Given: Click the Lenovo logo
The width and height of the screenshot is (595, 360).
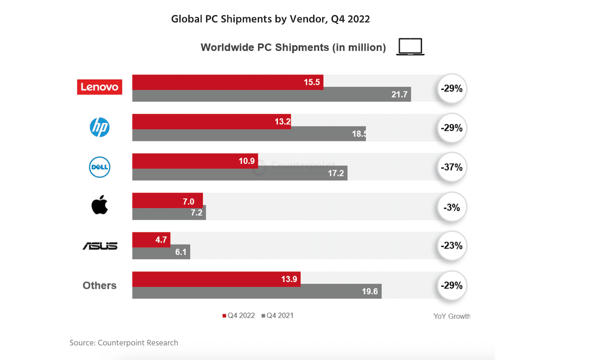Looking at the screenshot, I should pos(100,87).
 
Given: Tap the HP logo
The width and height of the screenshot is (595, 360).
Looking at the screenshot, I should pos(100,127).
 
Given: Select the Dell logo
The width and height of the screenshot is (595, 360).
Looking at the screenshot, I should pos(100,167).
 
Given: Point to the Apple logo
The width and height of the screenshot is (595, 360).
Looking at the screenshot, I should pos(100,205).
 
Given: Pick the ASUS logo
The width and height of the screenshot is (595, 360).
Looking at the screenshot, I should pos(100,245).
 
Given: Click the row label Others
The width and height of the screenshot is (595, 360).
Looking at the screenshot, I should pos(100,286).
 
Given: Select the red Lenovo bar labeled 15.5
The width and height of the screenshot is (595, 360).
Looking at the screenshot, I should pos(228,82).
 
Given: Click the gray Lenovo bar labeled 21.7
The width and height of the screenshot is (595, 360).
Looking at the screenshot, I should pos(271,94).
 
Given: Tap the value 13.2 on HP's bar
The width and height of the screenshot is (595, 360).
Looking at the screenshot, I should pos(282,122).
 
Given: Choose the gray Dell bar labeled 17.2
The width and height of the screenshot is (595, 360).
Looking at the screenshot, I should pos(239,174).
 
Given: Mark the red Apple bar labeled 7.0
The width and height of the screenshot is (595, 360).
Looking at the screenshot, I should pos(168,200).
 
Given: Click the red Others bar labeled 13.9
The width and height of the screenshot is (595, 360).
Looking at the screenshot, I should pos(216,279).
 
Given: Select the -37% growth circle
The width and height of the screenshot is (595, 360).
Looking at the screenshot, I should pos(451,168).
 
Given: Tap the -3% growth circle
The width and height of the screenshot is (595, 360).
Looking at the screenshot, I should pos(451,207).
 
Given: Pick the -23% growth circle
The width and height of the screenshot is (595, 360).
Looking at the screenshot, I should pos(451,246).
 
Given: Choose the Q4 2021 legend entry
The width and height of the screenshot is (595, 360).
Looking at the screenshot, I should pos(280,315).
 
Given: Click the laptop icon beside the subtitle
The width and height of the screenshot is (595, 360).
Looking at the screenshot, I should pos(410,47).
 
